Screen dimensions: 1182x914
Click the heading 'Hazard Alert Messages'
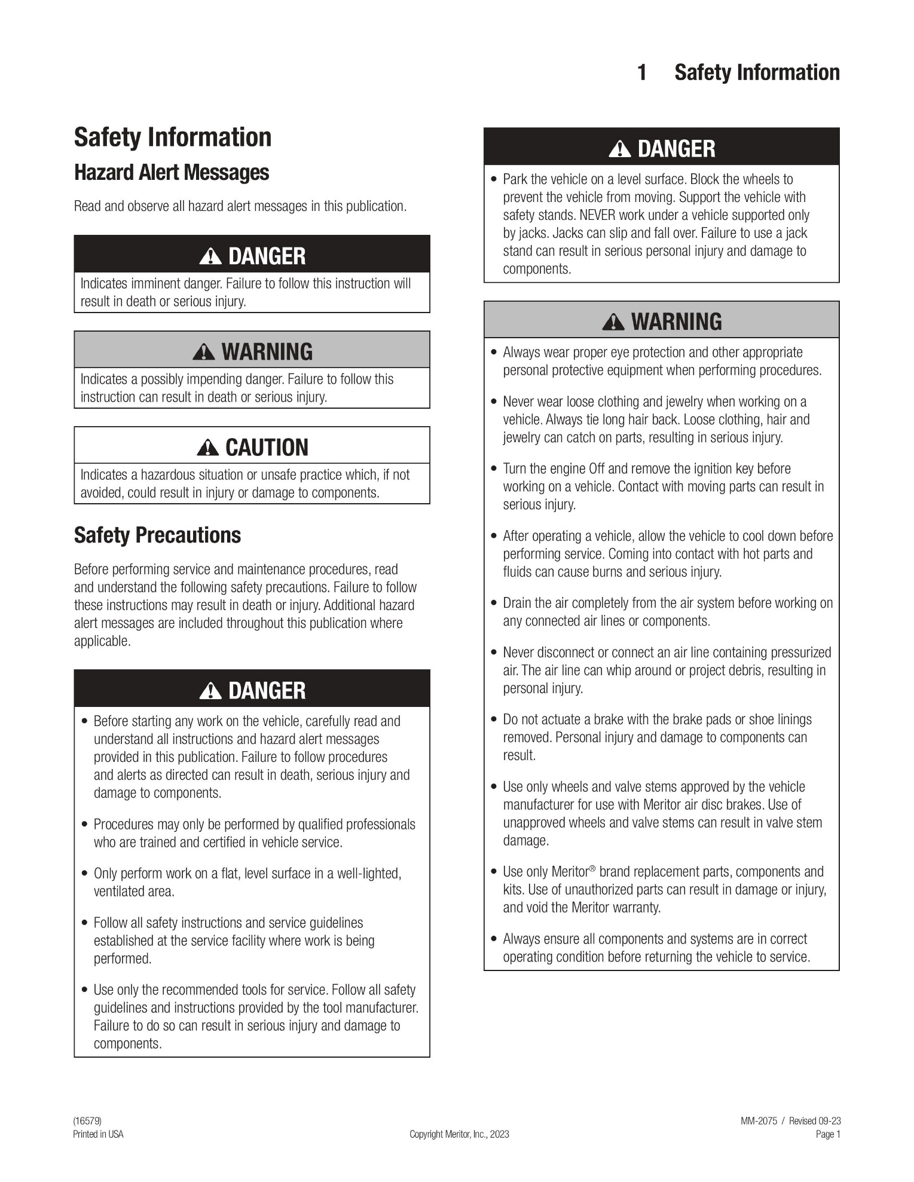(x=172, y=173)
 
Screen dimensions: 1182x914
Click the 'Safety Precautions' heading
(x=157, y=535)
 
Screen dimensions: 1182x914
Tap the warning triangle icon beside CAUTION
(x=207, y=447)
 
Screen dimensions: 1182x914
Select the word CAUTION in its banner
(x=267, y=447)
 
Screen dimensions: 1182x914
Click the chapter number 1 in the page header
(x=642, y=72)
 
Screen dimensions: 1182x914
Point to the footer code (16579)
(x=83, y=1121)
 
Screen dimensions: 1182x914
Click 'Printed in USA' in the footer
(x=98, y=1134)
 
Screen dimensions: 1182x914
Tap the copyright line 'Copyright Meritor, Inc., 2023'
(x=459, y=1134)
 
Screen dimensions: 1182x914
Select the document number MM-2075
(x=759, y=1121)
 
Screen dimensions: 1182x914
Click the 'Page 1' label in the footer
(x=828, y=1134)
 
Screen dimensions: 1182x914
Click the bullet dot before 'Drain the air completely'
(x=494, y=603)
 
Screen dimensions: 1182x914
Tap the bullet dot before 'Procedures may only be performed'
(x=84, y=825)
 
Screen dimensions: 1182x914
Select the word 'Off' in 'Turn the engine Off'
(x=597, y=468)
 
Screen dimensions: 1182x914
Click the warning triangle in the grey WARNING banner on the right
(x=614, y=322)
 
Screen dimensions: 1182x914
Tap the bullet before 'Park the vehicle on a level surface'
(x=494, y=179)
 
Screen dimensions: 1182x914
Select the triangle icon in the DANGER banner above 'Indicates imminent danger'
(x=210, y=256)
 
